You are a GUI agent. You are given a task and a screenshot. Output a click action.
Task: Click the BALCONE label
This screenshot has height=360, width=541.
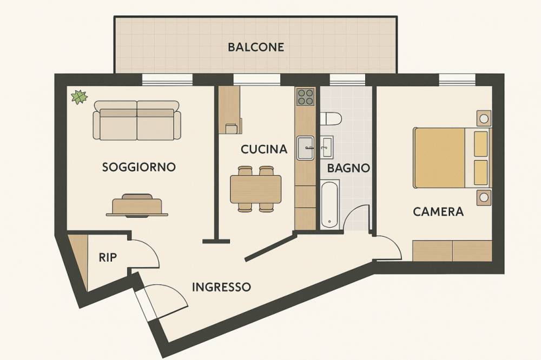[256, 47]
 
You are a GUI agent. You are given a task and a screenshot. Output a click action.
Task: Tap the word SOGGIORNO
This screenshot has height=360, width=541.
[139, 167]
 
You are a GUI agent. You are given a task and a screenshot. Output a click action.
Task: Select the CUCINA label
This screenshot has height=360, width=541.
[264, 149]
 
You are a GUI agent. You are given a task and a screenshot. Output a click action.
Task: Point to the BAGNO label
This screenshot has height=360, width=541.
[348, 168]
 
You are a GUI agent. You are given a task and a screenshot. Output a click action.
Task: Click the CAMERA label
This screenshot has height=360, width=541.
[438, 211]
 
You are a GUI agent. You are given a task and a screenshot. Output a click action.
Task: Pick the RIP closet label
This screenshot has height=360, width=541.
[108, 257]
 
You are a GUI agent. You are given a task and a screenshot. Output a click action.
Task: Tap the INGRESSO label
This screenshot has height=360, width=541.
[221, 287]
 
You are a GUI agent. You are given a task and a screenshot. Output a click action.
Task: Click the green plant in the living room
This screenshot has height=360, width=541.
[80, 97]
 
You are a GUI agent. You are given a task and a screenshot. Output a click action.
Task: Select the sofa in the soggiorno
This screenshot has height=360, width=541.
[137, 121]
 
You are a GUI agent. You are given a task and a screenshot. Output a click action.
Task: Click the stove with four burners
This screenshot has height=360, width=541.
[306, 97]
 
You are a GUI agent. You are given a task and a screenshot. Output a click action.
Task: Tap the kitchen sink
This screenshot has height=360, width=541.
[306, 148]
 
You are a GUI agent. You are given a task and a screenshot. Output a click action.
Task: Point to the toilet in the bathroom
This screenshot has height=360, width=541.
[331, 118]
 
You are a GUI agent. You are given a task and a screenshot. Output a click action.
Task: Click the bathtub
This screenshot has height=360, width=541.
[330, 204]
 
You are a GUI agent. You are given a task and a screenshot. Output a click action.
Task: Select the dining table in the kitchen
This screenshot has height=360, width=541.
[256, 189]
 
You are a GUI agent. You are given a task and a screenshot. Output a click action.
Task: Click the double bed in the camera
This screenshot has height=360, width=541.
[452, 158]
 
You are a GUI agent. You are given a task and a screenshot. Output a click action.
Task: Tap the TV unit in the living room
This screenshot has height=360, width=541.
[137, 205]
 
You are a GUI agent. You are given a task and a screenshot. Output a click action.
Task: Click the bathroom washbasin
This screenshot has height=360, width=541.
[326, 147]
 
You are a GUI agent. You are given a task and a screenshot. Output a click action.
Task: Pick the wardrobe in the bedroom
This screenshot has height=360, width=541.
[452, 251]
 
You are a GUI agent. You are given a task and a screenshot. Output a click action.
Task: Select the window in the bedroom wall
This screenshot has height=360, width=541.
[457, 79]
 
